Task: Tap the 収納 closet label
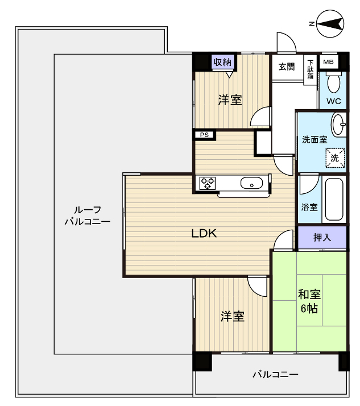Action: click(223, 61)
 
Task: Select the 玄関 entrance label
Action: click(287, 67)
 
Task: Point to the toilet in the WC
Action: click(334, 84)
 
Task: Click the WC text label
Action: click(333, 102)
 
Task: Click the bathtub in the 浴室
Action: click(333, 200)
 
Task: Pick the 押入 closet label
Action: click(322, 237)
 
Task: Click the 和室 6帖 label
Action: click(309, 301)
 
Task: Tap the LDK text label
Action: click(204, 233)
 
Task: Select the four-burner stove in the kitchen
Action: click(208, 183)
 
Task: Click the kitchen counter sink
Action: click(251, 183)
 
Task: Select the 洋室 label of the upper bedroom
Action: click(230, 100)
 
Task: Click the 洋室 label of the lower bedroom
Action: click(233, 316)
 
